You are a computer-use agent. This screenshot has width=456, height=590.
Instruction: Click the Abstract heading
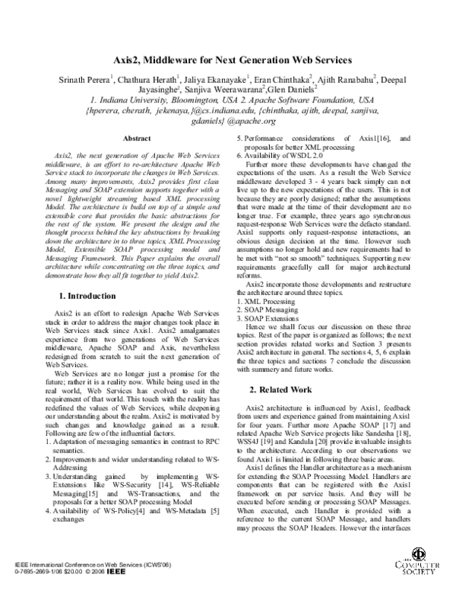pos(137,138)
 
